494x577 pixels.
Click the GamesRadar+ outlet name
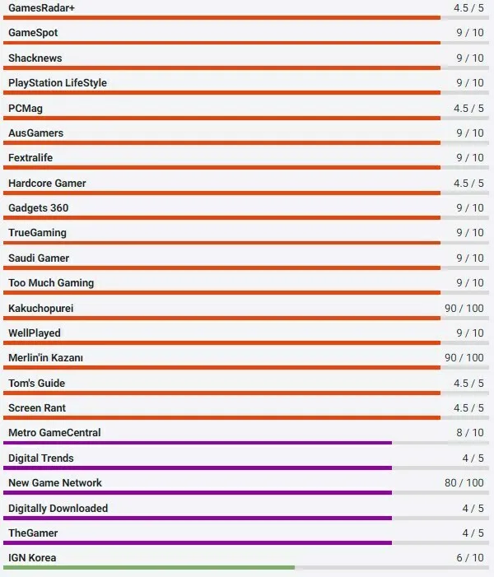coord(41,7)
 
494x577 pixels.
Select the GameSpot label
coord(33,33)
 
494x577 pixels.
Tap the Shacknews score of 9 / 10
coord(470,58)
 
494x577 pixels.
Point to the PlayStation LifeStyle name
coord(58,83)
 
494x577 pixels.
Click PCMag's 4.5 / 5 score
coord(468,108)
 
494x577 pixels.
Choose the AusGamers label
coord(35,133)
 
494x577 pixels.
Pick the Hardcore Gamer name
coord(47,184)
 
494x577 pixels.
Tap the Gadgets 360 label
coord(39,208)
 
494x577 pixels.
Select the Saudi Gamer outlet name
coord(39,258)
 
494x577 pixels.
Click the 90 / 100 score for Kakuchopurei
coord(464,308)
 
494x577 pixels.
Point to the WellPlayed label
coord(35,333)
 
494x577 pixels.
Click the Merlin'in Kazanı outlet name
coord(45,358)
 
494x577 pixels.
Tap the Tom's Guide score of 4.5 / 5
coord(468,383)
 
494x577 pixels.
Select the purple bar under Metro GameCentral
coord(198,443)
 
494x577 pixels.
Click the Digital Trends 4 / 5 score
coord(473,458)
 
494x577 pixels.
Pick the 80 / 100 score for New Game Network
coord(464,482)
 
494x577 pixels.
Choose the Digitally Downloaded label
coord(58,509)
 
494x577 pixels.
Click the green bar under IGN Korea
coord(148,568)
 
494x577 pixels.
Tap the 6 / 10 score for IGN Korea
coord(470,557)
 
